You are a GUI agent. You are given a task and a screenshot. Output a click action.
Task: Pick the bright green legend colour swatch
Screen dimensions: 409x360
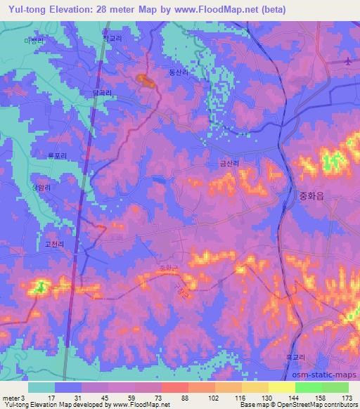pyautogui.click(x=309, y=387)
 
